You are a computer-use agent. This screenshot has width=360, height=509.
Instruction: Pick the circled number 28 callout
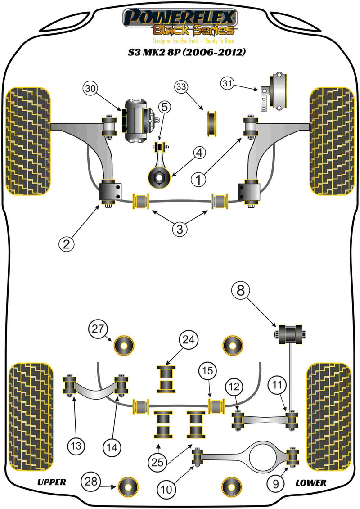click(x=89, y=482)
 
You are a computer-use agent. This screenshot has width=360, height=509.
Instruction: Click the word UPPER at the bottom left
click(x=51, y=482)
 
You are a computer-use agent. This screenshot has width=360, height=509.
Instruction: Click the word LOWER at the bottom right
click(x=310, y=482)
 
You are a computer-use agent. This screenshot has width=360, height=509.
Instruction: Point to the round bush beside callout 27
click(x=125, y=346)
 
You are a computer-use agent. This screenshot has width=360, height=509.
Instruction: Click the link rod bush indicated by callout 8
click(x=290, y=334)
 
